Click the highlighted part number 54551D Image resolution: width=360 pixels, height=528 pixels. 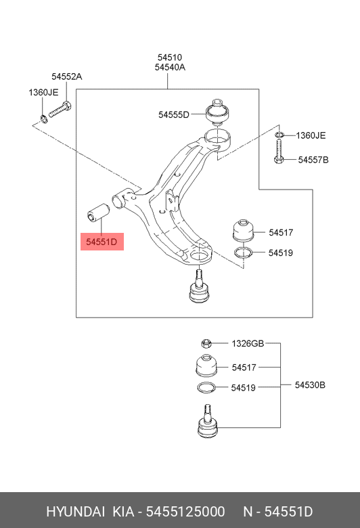pos(102,241)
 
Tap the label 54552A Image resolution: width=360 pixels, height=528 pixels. pos(66,77)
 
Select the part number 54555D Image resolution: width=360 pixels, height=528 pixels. pos(174,115)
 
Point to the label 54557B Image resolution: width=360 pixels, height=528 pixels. pos(313,160)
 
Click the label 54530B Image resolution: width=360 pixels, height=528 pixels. pos(310,385)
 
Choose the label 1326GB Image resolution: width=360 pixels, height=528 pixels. pos(248,344)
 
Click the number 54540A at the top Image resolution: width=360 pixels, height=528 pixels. pos(170,68)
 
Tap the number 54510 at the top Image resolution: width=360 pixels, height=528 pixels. pos(170,58)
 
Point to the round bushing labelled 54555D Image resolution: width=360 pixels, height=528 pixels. pos(217,112)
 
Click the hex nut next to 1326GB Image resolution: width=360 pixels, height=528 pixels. pos(207,344)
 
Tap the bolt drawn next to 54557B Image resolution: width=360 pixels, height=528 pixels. pos(279,151)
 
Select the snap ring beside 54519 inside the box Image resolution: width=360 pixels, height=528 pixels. pos(244,254)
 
